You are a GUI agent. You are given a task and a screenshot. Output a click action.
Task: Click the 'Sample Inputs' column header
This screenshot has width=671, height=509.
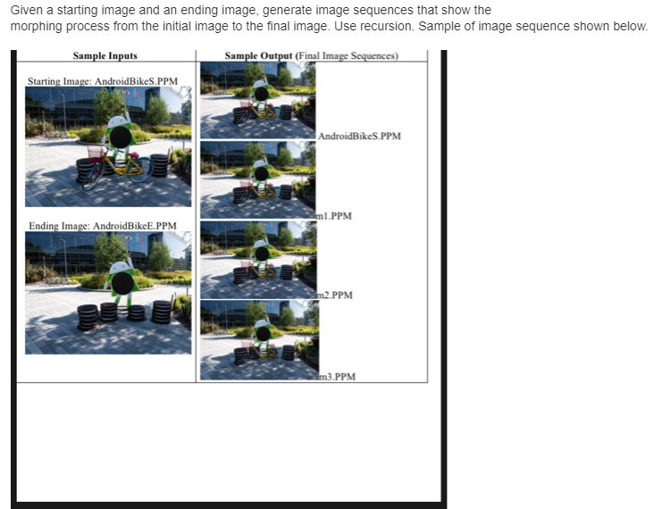click(105, 56)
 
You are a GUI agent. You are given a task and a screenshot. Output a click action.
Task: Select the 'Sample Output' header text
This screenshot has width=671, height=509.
click(258, 56)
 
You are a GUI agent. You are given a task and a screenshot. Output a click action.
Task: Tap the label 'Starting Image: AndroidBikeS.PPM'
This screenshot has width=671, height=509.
click(102, 81)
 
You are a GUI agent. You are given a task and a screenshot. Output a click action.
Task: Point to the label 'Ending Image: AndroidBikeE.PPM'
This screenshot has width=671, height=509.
click(102, 226)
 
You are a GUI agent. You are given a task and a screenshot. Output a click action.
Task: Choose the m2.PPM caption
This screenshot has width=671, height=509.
click(336, 295)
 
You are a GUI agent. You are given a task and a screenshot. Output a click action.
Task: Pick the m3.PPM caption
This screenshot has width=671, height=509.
click(338, 377)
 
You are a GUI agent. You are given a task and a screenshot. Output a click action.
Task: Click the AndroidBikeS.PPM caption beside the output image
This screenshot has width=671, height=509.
click(359, 137)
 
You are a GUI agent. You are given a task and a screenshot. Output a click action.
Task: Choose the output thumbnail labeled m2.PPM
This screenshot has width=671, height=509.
click(257, 259)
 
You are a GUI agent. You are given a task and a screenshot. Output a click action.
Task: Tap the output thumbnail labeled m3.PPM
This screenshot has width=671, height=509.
click(257, 340)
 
